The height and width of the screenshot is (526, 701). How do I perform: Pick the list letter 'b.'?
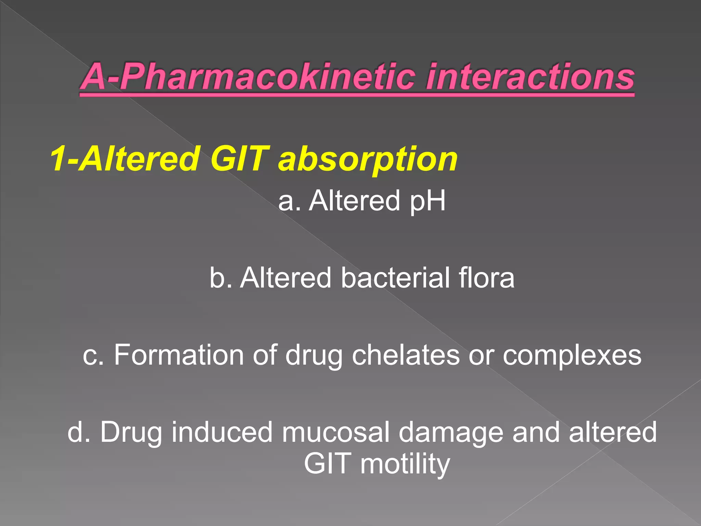click(221, 277)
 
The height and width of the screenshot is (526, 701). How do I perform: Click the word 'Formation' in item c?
click(179, 355)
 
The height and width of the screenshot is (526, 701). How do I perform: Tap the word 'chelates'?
click(406, 355)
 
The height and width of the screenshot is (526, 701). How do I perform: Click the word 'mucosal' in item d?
click(336, 432)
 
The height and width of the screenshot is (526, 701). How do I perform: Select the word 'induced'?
click(222, 432)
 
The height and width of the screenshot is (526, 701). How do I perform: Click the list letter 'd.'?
click(79, 432)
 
